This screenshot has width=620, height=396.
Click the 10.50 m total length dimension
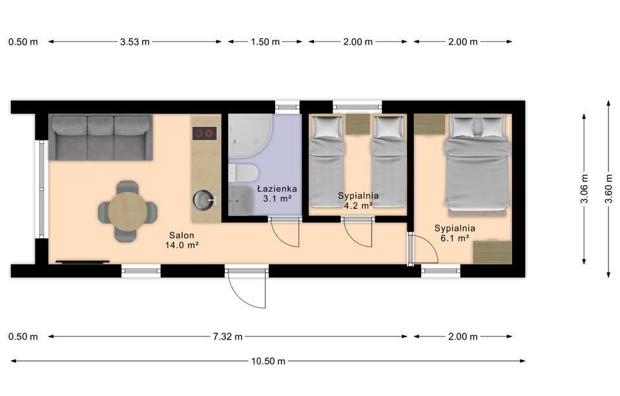[x=268, y=361]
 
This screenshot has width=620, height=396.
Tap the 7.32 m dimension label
[x=228, y=336]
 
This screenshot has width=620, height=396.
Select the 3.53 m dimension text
[x=135, y=41]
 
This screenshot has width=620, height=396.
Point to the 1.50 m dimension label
[x=265, y=41]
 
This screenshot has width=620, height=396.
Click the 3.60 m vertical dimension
[x=608, y=188]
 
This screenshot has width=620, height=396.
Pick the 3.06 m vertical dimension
[x=584, y=188]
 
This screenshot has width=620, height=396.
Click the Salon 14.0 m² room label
[x=181, y=240]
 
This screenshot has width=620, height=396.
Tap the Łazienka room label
[x=277, y=189]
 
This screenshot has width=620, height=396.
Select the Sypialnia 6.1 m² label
[x=455, y=233]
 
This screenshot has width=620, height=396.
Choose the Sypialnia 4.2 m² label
[x=358, y=201]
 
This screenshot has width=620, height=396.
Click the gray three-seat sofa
[x=101, y=137]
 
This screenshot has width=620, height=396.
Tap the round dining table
[x=128, y=212]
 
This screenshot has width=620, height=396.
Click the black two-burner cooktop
[x=205, y=133]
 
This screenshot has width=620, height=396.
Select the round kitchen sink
[x=203, y=200]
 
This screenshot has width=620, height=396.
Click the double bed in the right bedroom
[x=477, y=166]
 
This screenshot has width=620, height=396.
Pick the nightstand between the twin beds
[x=358, y=125]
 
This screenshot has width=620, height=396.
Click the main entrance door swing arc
[x=247, y=291]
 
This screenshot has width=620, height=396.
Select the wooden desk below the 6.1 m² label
[x=492, y=252]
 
